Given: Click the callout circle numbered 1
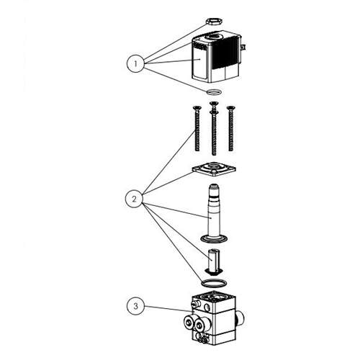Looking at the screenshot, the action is (x=135, y=64).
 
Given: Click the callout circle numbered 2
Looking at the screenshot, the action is (x=134, y=199).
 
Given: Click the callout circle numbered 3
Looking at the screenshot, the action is (x=136, y=306).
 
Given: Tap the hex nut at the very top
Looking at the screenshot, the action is (x=214, y=22).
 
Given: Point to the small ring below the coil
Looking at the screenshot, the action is (x=214, y=92).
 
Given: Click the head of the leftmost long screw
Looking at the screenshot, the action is (x=197, y=108).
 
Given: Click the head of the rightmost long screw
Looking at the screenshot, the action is (x=230, y=108).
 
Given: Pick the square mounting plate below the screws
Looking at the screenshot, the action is (x=214, y=168).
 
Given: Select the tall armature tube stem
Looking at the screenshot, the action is (x=214, y=210).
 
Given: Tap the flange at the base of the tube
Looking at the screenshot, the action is (x=214, y=238).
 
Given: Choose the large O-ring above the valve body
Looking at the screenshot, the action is (x=214, y=283).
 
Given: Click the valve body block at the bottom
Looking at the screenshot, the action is (x=214, y=318).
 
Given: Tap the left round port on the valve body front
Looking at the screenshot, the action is (x=189, y=323).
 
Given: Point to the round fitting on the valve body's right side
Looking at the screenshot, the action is (x=240, y=319).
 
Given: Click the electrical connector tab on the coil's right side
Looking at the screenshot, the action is (x=243, y=47).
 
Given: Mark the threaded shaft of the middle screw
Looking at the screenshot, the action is (x=214, y=135).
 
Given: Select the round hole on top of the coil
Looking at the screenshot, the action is (x=214, y=37).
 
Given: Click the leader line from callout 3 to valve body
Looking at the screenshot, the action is (x=168, y=309).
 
